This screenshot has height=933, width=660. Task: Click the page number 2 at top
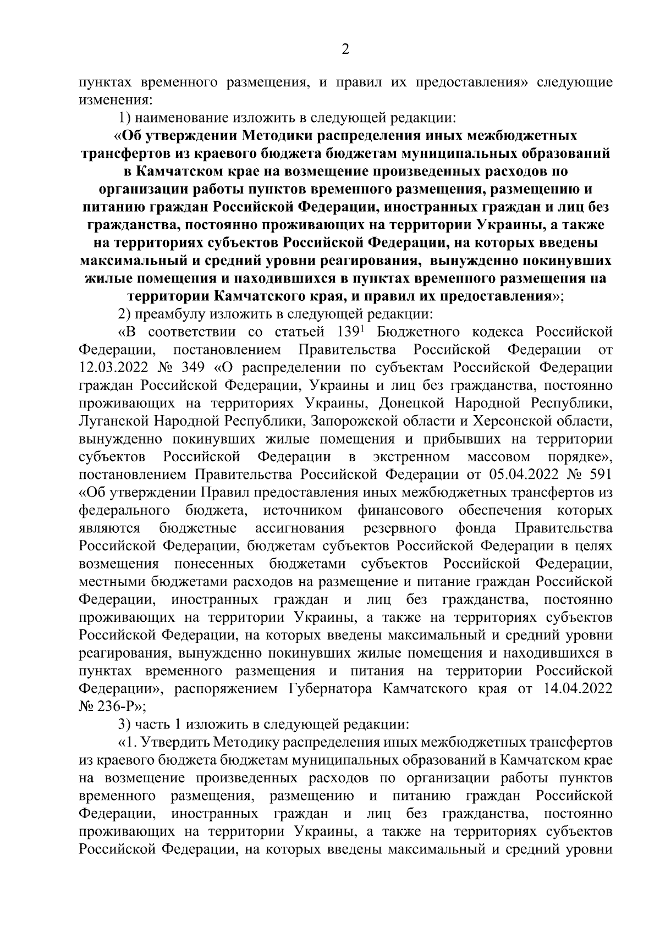tap(345, 50)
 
